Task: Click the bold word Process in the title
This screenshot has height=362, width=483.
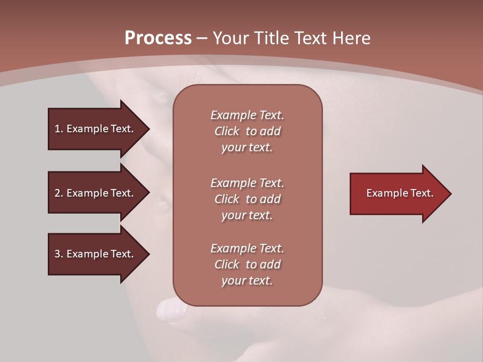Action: click(158, 38)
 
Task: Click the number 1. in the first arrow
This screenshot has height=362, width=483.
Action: click(58, 129)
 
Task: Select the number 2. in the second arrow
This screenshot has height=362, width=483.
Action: click(58, 193)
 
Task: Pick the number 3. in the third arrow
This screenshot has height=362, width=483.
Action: click(58, 254)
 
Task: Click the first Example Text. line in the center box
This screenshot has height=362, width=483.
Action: click(247, 115)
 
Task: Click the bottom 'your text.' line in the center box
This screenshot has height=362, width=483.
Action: click(247, 281)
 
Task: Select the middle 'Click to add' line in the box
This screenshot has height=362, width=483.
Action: click(247, 199)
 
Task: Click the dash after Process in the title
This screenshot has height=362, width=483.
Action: click(202, 38)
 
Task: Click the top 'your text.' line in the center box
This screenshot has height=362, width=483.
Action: click(247, 147)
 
